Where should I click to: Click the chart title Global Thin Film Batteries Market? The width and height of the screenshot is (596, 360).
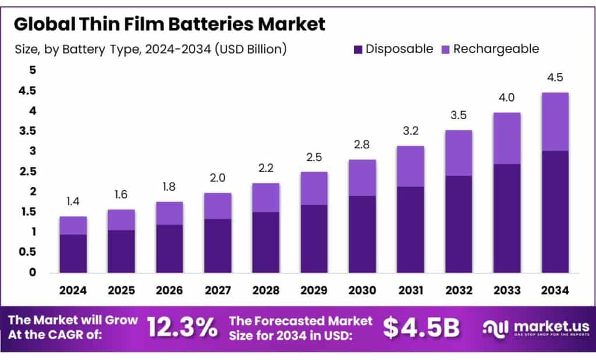coord(169,24)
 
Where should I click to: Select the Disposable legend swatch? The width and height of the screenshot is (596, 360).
coord(357,49)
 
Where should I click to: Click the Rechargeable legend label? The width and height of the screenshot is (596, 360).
coord(496,49)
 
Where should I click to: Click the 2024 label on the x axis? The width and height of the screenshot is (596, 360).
coord(73,290)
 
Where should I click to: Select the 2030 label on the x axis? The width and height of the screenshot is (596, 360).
coord(361,290)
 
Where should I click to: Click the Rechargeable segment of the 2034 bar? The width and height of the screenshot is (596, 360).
coord(555,122)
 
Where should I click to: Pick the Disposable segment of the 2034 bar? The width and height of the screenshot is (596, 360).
coord(555,212)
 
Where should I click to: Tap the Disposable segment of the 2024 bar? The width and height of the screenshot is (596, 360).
coord(73,254)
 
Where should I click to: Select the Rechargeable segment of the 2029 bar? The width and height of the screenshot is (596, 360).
coord(314,188)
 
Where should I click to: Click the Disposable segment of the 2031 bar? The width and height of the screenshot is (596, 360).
coord(410,230)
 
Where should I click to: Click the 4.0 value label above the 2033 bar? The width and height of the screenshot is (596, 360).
coord(506,98)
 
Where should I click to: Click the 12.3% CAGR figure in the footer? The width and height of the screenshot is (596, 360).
coord(182,328)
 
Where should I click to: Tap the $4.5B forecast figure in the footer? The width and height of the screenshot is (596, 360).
coord(421,328)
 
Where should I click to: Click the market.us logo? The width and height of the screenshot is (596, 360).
coord(536,328)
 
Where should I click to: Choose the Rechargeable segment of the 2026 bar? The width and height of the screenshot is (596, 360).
coord(169,213)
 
